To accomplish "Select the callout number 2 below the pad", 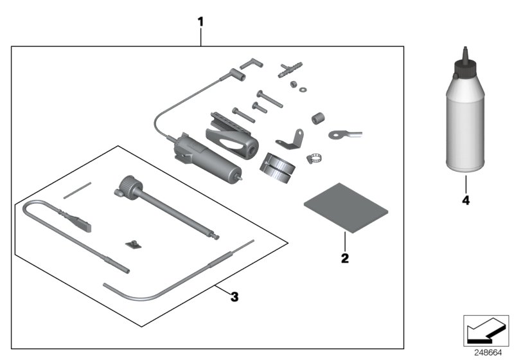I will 344,258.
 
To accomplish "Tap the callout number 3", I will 235,296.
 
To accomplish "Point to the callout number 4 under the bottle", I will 465,201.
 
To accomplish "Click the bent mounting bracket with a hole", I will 290,139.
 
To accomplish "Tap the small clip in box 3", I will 134,243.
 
